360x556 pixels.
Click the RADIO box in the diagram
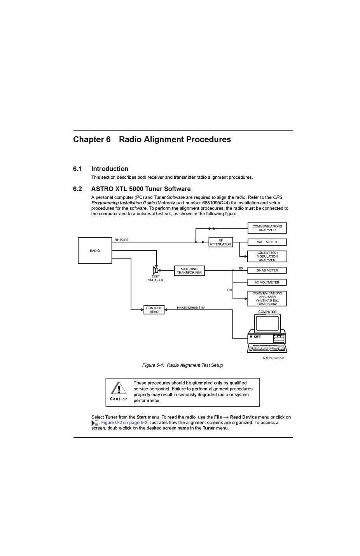coord(95,251)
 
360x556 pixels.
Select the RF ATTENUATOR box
coord(220,242)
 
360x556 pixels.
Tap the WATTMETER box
coord(267,242)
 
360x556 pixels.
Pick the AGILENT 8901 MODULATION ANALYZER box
coord(267,256)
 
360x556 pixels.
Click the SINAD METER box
coord(267,270)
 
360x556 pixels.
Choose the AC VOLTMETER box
coord(267,282)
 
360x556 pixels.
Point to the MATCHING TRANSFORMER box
coord(189,271)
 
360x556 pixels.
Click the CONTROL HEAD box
coord(154,310)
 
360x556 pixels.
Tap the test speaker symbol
coord(156,270)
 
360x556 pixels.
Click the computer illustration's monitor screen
coord(267,323)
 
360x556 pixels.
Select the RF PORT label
coord(121,240)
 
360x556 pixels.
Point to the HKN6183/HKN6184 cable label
coord(191,308)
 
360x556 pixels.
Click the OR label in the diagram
coord(229,290)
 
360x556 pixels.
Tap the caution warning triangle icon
coord(119,388)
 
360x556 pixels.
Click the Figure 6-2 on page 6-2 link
coord(124,423)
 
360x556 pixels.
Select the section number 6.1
coord(77,169)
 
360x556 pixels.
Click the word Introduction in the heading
coord(110,169)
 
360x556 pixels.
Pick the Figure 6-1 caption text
coord(182,365)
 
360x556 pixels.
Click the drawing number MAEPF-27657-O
coord(273,358)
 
